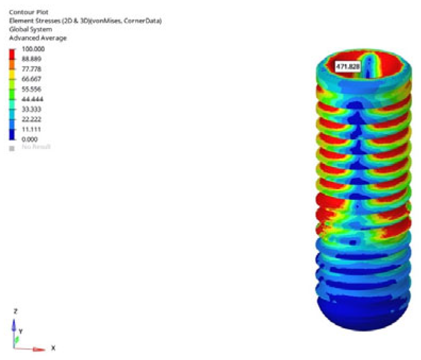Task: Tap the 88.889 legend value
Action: [x=30, y=59]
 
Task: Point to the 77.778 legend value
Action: [x=30, y=69]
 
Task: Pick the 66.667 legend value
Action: [x=30, y=79]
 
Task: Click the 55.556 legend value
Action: [x=30, y=89]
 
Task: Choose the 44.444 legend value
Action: [x=30, y=99]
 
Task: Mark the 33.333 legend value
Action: [x=30, y=110]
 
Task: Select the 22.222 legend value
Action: [x=30, y=120]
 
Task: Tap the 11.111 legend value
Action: [x=30, y=130]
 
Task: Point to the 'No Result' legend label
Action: [x=36, y=147]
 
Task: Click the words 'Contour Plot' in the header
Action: [x=27, y=11]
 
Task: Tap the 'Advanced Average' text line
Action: [x=38, y=38]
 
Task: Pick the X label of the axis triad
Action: [x=53, y=348]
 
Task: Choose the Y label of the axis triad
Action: [x=21, y=331]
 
